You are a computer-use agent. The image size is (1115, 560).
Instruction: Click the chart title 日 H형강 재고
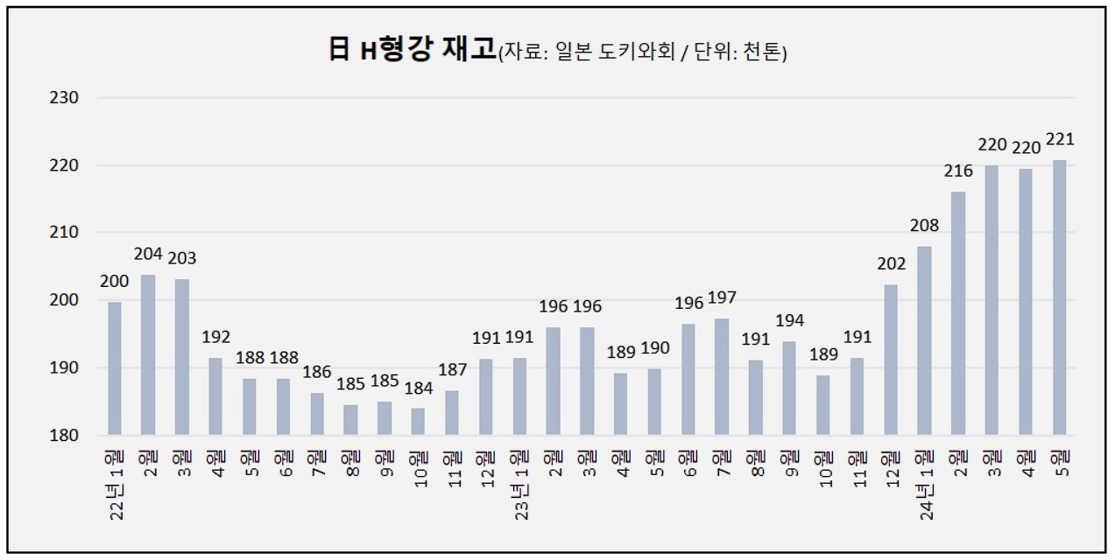tap(413, 49)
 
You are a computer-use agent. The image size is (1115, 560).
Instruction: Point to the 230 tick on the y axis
tap(64, 97)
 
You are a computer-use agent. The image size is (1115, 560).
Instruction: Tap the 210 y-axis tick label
tap(64, 232)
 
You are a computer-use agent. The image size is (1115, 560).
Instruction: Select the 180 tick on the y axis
tap(64, 435)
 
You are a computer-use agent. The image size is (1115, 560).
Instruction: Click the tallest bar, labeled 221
tap(1060, 297)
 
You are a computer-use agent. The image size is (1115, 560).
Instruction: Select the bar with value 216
tap(958, 313)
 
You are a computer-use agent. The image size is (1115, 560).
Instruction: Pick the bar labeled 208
tap(924, 340)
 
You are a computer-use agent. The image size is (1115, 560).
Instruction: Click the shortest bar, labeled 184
tap(418, 422)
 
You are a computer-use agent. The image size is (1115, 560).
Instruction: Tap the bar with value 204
tap(148, 355)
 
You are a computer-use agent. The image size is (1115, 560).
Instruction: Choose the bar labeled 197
tap(722, 377)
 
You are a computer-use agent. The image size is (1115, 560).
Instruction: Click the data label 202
tap(891, 263)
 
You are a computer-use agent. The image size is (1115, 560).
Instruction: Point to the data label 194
tap(789, 321)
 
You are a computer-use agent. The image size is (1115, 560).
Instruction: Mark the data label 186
tap(317, 372)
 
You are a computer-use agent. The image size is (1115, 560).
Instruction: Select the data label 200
tap(115, 282)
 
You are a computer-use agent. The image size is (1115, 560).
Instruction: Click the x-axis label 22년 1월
tap(116, 486)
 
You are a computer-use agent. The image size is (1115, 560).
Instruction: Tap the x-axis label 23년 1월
tap(520, 486)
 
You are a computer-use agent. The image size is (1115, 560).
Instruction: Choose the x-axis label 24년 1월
tap(926, 486)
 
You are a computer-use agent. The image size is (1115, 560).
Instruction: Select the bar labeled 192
tap(215, 396)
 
